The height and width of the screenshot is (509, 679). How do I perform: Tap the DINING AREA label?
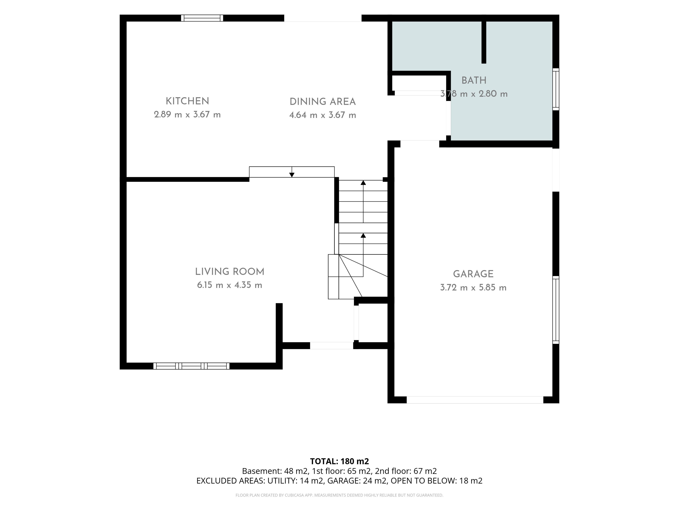(323, 102)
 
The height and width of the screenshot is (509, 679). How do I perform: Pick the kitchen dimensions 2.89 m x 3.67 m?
(187, 115)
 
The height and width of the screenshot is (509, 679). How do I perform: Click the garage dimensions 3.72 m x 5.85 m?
(473, 288)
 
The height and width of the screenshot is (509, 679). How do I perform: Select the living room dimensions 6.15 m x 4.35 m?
(230, 285)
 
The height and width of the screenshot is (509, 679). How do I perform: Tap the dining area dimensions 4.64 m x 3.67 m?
(323, 115)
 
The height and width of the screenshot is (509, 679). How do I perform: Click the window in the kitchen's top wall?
(202, 18)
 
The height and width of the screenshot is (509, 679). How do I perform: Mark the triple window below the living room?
(191, 366)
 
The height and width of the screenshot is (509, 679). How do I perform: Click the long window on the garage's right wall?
(556, 310)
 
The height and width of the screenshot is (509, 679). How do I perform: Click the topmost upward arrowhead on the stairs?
(363, 183)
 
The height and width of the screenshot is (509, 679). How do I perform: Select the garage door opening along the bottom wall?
(475, 400)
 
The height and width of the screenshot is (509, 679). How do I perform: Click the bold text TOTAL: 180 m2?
(339, 461)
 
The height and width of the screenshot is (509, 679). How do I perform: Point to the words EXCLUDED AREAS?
(230, 481)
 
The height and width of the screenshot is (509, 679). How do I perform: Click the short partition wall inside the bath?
(484, 42)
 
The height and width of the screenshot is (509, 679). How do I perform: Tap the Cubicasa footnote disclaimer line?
(339, 495)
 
